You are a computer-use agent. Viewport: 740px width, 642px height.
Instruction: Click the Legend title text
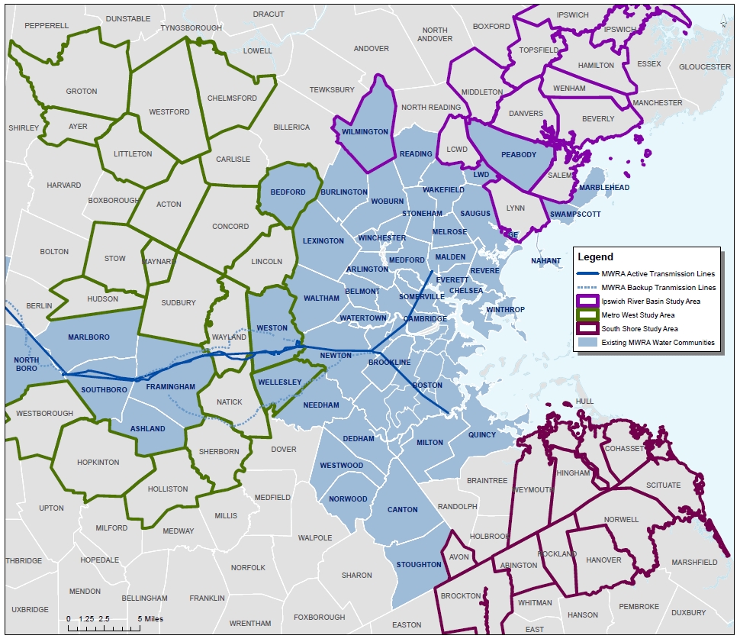click(596, 257)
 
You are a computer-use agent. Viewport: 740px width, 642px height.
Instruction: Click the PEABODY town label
click(518, 155)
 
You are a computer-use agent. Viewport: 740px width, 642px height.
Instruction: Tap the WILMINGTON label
click(365, 132)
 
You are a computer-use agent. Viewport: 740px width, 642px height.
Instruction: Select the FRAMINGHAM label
click(171, 386)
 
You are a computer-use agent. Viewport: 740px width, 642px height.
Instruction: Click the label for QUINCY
click(481, 435)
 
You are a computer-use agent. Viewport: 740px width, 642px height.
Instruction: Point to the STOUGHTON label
click(419, 565)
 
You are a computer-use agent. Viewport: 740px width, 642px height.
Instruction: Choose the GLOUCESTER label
click(705, 67)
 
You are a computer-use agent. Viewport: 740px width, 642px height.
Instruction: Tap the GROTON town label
click(82, 92)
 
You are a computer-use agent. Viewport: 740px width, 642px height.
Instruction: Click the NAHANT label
click(545, 261)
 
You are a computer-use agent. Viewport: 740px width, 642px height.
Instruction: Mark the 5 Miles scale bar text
click(150, 618)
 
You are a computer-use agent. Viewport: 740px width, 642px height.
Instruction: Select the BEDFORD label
click(288, 192)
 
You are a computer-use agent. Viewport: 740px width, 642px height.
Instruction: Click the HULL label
click(584, 402)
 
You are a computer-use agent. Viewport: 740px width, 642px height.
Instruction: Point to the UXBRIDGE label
click(30, 610)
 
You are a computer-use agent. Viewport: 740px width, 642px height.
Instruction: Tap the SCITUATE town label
click(662, 486)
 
